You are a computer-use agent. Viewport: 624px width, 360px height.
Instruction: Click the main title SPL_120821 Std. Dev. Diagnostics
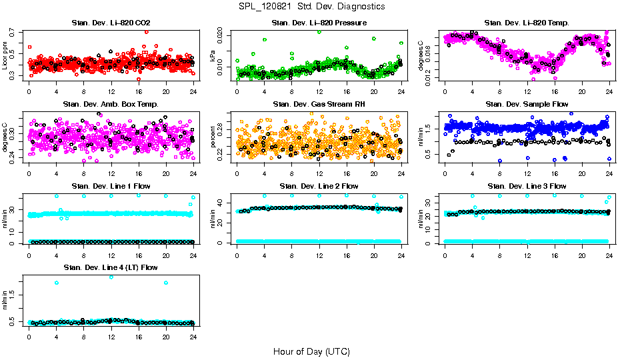(312, 6)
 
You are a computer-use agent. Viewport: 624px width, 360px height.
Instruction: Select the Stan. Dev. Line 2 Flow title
(319, 186)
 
